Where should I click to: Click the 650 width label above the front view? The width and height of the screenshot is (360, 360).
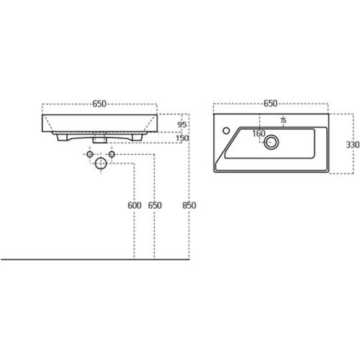click(99, 104)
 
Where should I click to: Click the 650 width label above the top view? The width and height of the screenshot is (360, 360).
click(271, 104)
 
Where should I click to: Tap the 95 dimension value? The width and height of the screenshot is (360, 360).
click(181, 125)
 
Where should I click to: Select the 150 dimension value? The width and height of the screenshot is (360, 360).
click(182, 138)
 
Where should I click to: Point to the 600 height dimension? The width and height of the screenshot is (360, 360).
click(135, 205)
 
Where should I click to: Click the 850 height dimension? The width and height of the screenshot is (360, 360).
click(189, 205)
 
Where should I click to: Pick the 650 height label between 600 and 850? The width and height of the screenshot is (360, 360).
click(155, 205)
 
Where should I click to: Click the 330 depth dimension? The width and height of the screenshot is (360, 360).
click(353, 145)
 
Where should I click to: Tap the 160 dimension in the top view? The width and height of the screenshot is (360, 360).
click(258, 133)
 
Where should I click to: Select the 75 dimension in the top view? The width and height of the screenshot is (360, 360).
click(284, 120)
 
